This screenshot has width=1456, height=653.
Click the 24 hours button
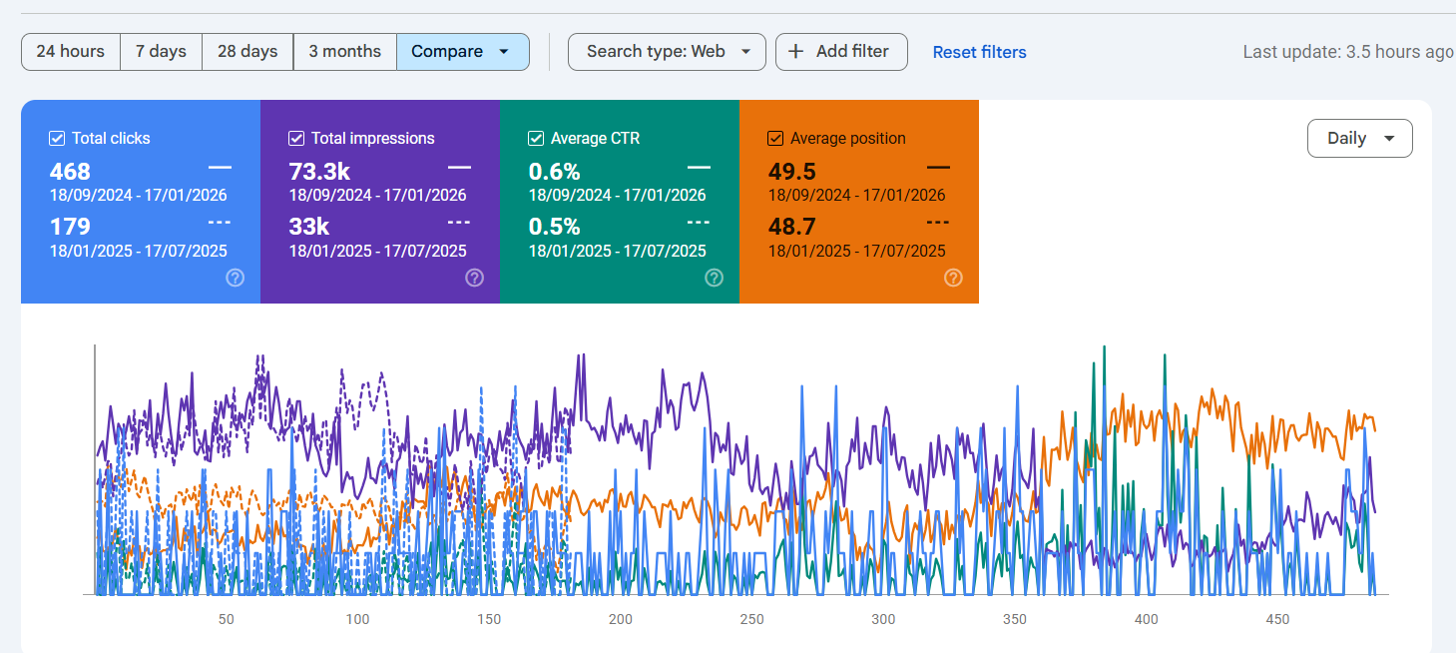point(70,52)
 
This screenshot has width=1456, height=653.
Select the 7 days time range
point(161,52)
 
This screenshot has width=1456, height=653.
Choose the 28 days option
point(247,52)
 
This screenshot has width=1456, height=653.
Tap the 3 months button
point(344,52)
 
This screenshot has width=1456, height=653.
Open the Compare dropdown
point(462,52)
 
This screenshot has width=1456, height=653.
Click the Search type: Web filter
point(667,52)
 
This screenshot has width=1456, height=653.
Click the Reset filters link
point(979,52)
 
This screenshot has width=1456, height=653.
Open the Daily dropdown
point(1359,139)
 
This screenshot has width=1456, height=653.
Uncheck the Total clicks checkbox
point(57,139)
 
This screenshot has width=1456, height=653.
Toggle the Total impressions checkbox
point(296,139)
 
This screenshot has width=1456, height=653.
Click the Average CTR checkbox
point(536,139)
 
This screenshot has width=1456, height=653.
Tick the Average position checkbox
point(775,139)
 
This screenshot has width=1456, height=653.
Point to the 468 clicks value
point(70,172)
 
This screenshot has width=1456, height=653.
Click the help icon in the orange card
point(953,278)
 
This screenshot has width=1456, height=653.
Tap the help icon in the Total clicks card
point(235,278)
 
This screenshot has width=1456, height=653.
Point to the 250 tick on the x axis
point(751,619)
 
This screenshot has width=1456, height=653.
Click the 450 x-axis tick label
point(1277,619)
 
